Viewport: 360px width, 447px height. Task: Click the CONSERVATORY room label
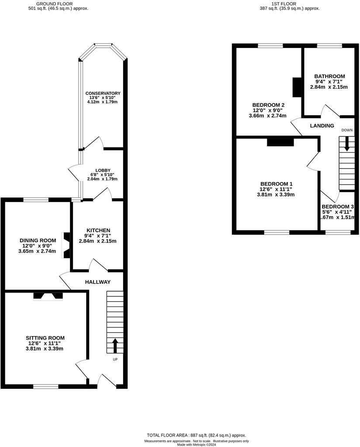click(103, 93)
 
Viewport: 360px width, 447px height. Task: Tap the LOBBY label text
click(103, 170)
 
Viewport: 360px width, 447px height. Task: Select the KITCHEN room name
click(98, 230)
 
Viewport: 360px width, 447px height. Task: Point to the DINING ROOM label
click(38, 241)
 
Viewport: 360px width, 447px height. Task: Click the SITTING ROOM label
click(45, 338)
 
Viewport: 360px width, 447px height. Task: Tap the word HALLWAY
click(97, 282)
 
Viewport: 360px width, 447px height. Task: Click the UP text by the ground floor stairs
click(115, 360)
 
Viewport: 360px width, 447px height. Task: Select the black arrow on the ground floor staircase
click(115, 345)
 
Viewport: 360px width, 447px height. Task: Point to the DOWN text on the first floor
click(347, 130)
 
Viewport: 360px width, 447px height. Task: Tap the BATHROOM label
click(330, 76)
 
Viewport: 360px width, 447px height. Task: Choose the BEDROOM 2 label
click(268, 105)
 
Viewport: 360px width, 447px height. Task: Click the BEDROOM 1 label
click(276, 184)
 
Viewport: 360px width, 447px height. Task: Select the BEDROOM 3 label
click(337, 206)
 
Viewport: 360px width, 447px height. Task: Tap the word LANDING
click(322, 126)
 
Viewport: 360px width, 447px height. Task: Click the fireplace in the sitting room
click(48, 296)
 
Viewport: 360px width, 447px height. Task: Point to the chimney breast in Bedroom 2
click(297, 87)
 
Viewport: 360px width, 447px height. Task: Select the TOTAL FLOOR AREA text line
click(196, 435)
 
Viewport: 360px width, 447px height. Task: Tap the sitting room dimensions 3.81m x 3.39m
click(45, 348)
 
